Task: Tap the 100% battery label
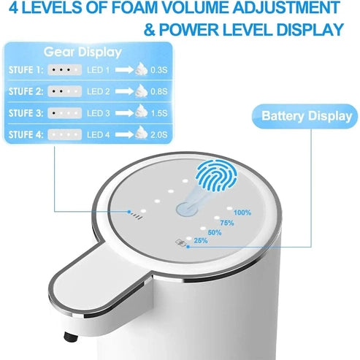[242, 212]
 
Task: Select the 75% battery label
[227, 223]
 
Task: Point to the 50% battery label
[215, 233]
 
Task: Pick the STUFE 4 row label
[24, 134]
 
